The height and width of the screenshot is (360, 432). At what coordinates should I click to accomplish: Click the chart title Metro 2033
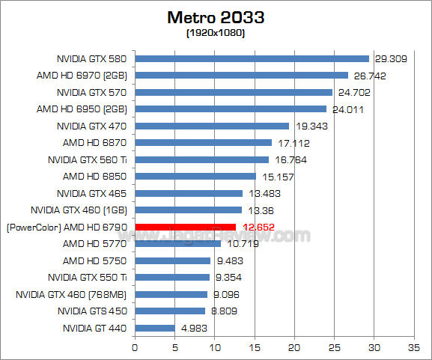[x=216, y=16]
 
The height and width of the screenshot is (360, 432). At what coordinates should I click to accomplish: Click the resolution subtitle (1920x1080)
[x=216, y=33]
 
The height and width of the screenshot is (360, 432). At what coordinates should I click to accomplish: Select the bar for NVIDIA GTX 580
[x=252, y=58]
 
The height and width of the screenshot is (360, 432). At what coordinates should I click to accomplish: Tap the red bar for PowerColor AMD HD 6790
[x=185, y=227]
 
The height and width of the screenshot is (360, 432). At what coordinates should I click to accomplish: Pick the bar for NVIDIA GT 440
[x=154, y=327]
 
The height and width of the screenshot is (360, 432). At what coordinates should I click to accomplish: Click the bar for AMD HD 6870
[x=203, y=142]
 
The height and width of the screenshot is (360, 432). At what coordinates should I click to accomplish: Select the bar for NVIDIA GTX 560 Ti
[x=201, y=159]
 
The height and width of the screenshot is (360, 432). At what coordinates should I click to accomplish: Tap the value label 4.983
[x=193, y=327]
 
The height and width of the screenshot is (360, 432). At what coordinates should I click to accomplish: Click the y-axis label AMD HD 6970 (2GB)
[x=82, y=75]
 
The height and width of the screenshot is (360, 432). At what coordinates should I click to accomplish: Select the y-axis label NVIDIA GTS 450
[x=92, y=311]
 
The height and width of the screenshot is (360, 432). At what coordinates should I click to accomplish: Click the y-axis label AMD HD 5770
[x=95, y=243]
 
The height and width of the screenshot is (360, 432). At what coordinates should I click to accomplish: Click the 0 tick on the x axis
[x=135, y=347]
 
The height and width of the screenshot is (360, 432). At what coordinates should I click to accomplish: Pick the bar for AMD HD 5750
[x=172, y=260]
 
